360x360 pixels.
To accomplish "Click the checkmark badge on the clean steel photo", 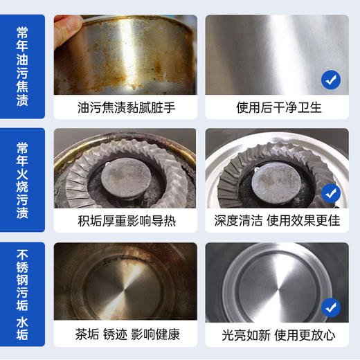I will tap(331, 80).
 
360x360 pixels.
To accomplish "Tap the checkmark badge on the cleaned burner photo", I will tap(331, 193).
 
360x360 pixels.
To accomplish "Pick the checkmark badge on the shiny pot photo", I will tap(331, 307).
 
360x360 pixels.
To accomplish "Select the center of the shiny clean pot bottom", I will tap(273, 291).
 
